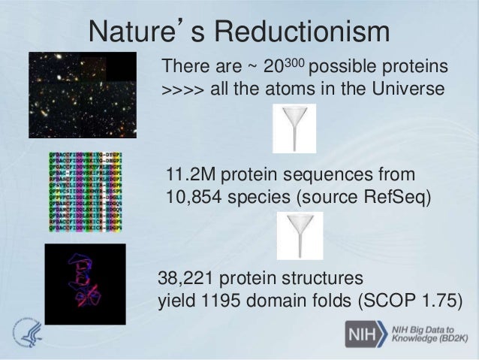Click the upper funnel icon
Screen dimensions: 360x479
click(294, 129)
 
